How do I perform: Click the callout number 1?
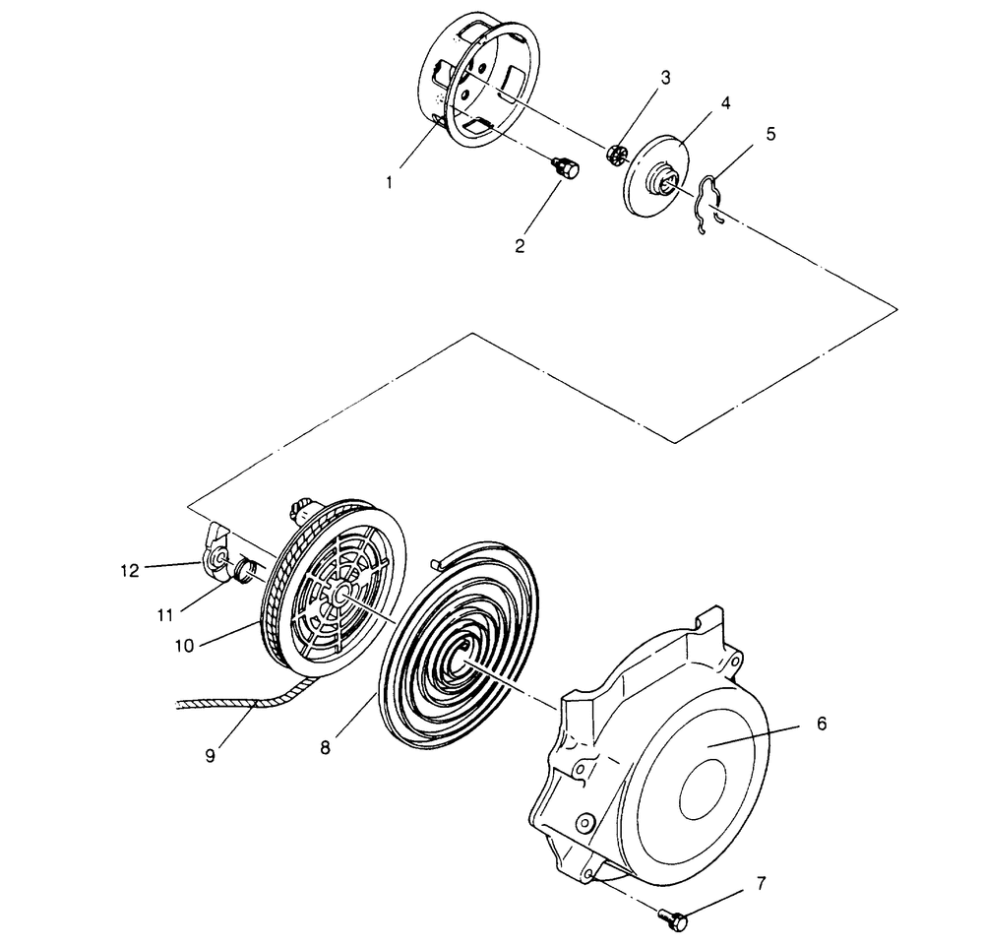(x=390, y=182)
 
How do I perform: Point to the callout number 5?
(x=770, y=133)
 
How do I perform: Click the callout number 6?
(x=822, y=724)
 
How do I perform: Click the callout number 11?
(x=164, y=615)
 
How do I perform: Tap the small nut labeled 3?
(x=618, y=156)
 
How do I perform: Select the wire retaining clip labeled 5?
(x=708, y=202)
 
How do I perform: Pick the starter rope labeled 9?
(x=236, y=703)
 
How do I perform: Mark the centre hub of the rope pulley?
(x=340, y=594)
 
